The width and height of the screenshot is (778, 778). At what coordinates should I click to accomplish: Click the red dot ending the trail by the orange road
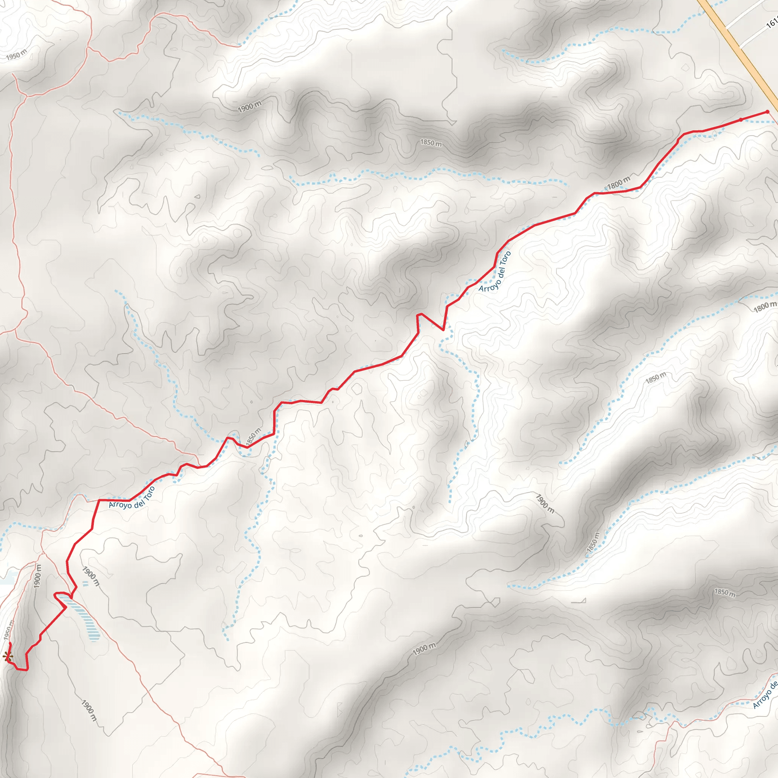[x=767, y=112]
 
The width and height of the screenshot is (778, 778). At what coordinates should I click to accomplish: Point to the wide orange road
[x=741, y=52]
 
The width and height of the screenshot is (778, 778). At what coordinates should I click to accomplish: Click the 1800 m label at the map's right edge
[x=764, y=307]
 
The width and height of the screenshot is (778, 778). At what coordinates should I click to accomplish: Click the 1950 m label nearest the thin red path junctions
[x=16, y=54]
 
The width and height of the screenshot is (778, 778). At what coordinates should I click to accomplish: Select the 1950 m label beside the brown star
[x=8, y=630]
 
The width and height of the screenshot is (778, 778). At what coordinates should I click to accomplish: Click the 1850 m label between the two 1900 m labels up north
[x=431, y=142]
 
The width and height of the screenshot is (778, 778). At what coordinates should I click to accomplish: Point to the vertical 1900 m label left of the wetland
[x=38, y=576]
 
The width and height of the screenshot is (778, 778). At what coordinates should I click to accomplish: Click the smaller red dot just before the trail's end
[x=741, y=120]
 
